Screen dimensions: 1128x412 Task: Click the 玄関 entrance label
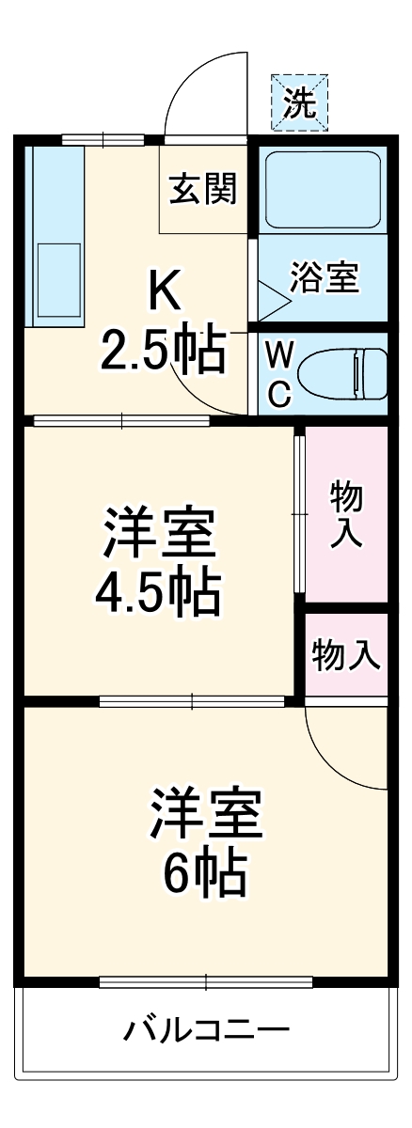[x=202, y=190]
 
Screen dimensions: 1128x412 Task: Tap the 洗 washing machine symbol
[x=300, y=102]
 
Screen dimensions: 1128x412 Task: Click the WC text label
[x=278, y=372]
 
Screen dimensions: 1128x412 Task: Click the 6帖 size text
[x=205, y=873]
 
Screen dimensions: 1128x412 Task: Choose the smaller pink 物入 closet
[x=345, y=654]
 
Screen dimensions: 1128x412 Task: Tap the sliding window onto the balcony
[x=205, y=982]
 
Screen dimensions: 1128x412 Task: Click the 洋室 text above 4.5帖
[x=159, y=534]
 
